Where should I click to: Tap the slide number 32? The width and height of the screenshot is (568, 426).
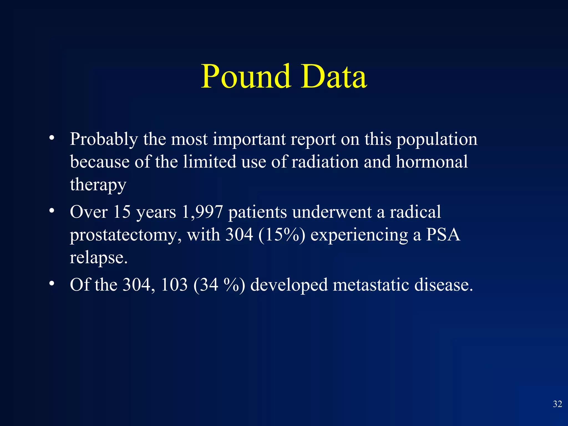[557, 404]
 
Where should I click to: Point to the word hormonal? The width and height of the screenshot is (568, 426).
[432, 162]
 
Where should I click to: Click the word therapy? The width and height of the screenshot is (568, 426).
[98, 185]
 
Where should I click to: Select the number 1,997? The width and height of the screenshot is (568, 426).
[202, 212]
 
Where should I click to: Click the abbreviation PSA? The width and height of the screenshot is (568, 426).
[443, 235]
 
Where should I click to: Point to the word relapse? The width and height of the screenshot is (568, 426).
[98, 258]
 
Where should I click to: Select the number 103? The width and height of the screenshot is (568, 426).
[174, 285]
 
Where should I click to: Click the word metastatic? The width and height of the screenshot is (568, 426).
[371, 285]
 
